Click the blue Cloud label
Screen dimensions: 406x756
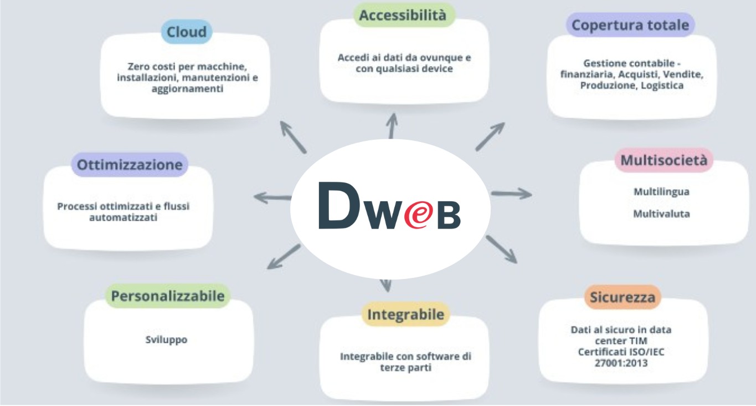(x=187, y=32)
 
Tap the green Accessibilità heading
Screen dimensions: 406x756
(x=403, y=16)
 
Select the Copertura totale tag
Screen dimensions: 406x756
(x=630, y=26)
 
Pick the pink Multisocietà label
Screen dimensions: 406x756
(x=664, y=161)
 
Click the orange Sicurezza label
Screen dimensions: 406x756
(x=623, y=297)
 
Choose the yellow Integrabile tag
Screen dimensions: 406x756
(x=405, y=315)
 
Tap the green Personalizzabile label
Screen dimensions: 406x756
(x=168, y=296)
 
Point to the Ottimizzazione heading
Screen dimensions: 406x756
(x=130, y=165)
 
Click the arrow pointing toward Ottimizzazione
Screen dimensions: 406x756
(x=272, y=197)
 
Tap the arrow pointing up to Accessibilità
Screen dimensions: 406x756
(x=392, y=125)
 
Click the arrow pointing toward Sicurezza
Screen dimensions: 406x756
(x=501, y=249)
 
